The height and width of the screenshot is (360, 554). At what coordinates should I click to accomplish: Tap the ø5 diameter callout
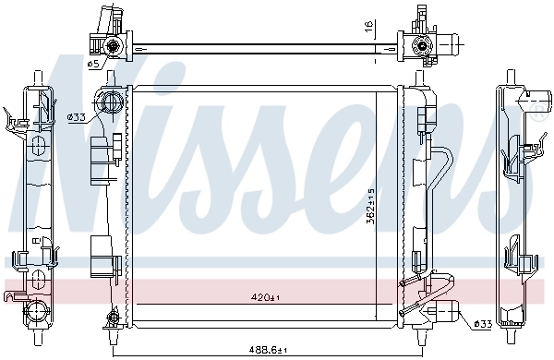[x=93, y=64]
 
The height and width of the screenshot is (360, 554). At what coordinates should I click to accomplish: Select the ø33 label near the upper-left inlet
[x=77, y=116]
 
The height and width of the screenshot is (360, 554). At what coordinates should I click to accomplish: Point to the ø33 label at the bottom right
[x=481, y=323]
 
